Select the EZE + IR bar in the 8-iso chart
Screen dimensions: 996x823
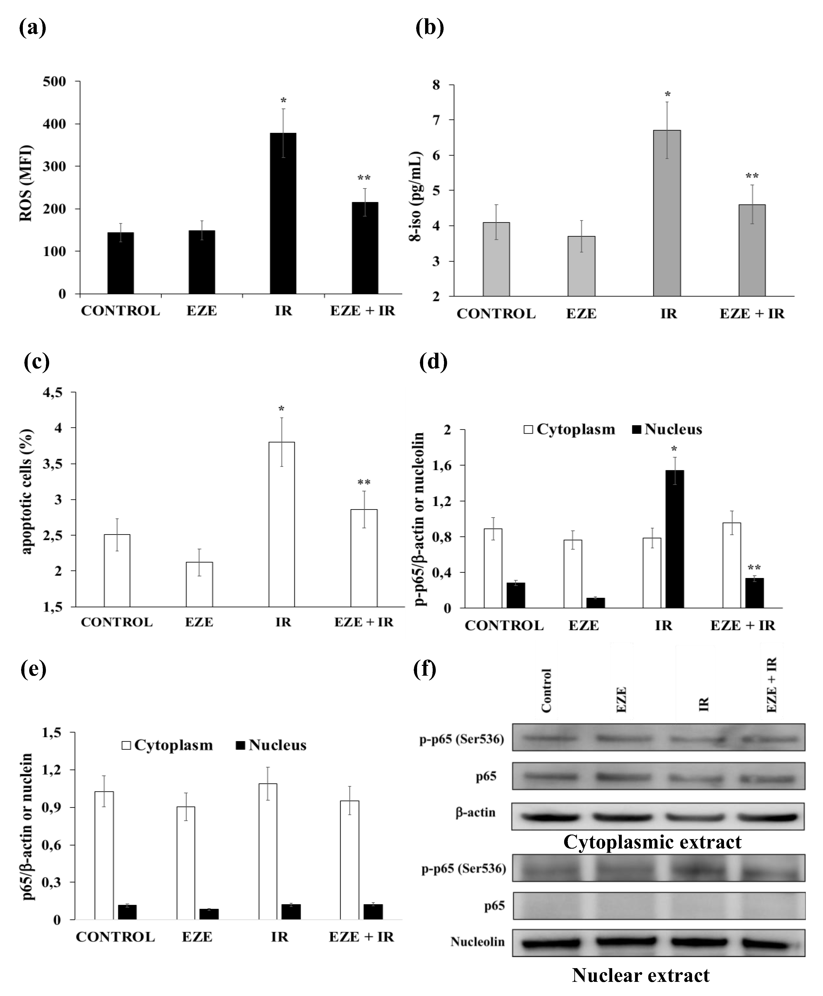click(x=751, y=250)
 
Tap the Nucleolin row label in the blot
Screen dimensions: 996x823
click(x=477, y=941)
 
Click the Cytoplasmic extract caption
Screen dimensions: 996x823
click(x=652, y=842)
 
